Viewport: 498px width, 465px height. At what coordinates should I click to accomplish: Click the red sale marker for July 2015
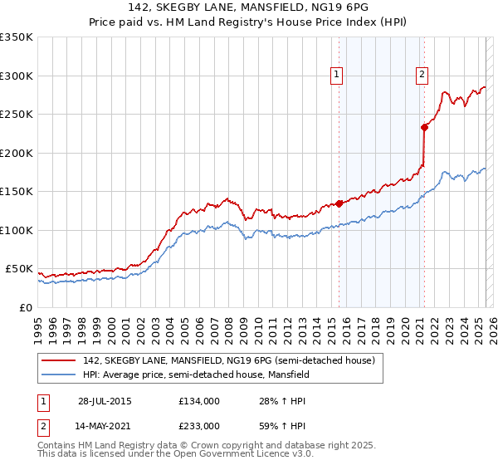[x=339, y=203]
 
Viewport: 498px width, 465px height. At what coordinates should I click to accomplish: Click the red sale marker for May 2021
[x=424, y=127]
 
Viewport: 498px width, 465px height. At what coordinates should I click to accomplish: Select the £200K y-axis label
[x=17, y=153]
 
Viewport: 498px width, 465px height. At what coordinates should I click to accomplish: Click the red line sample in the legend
[x=58, y=361]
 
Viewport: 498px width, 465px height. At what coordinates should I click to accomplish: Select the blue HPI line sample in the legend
[x=58, y=374]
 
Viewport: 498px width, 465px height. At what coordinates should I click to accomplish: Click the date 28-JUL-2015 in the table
[x=105, y=401]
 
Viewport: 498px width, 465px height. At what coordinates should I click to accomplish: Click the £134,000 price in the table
[x=198, y=401]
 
